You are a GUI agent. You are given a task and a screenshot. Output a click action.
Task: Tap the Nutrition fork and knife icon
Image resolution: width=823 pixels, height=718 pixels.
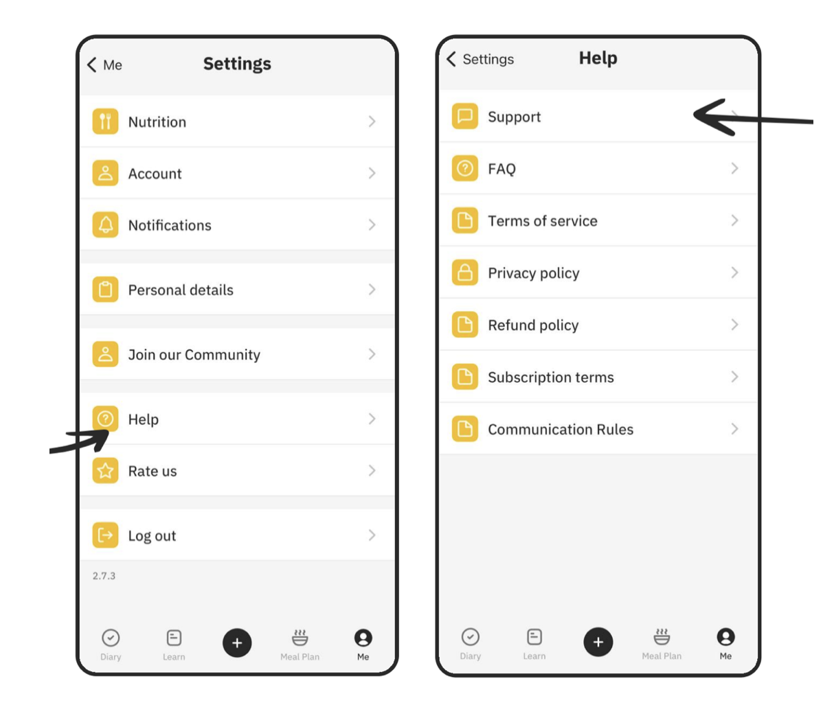pos(106,121)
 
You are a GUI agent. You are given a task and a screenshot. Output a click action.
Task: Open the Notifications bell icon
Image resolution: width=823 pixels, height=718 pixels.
pos(106,224)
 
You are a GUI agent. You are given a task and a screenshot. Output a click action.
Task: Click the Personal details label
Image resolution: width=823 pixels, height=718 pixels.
pos(181,290)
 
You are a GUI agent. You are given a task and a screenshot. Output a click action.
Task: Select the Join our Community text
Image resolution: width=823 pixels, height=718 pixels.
pos(194,355)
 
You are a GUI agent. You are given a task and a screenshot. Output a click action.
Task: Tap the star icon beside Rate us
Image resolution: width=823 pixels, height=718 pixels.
pos(106,470)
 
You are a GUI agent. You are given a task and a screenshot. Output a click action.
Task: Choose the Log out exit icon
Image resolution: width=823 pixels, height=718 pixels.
pos(106,535)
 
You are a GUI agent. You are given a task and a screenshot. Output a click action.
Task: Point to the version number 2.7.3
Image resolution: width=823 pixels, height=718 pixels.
pos(104,576)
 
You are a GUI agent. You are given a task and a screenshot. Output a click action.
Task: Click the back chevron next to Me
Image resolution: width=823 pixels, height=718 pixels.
pos(92,65)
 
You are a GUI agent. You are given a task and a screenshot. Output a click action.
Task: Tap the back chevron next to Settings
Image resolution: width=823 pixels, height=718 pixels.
pos(451,59)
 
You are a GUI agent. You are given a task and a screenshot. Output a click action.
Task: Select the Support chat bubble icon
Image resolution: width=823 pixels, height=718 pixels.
pos(465,116)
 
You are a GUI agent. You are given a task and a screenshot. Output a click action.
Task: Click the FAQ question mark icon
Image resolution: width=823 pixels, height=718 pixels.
pos(465,168)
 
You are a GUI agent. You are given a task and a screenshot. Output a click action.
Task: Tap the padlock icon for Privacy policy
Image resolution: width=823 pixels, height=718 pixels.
pos(465,273)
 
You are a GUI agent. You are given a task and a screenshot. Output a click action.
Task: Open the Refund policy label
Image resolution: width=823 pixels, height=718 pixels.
pos(533,325)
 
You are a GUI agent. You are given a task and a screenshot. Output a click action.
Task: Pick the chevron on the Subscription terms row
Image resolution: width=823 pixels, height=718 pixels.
pos(735,377)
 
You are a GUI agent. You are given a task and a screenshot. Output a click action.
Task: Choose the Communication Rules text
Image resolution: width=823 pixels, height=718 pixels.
pos(561,430)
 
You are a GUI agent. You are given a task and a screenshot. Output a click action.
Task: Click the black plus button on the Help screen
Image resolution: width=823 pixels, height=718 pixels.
pos(598,641)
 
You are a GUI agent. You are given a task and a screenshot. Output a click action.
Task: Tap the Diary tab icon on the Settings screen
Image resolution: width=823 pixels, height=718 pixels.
pos(111,638)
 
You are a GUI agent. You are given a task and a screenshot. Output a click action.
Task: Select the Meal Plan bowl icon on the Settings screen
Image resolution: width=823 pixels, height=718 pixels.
pos(300,637)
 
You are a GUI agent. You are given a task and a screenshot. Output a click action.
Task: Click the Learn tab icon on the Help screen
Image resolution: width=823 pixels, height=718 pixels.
pos(534,637)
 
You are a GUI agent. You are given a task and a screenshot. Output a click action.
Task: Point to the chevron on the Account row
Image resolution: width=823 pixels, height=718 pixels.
pos(372,173)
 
